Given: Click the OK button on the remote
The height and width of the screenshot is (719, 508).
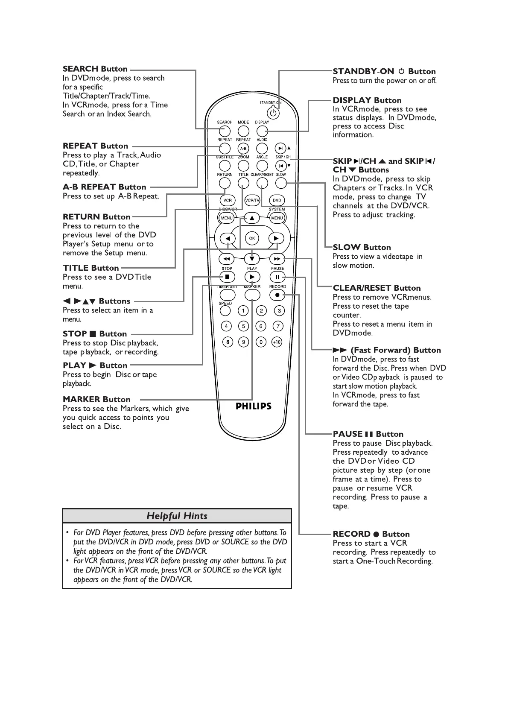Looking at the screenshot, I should [252, 238].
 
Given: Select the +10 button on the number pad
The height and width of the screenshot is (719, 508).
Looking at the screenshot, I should [277, 342].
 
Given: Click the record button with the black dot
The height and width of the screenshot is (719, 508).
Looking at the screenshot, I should [277, 295].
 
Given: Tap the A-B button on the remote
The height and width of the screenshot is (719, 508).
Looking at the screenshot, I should [243, 149].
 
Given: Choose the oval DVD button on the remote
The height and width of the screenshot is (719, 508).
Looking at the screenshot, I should [277, 200].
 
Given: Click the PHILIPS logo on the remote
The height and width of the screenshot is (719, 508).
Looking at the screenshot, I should [254, 406].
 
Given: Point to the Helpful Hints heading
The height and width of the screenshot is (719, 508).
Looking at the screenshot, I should [177, 516].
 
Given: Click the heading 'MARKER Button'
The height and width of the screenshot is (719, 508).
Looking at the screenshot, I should [96, 399].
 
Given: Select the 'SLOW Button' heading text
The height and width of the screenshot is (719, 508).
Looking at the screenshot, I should [362, 247].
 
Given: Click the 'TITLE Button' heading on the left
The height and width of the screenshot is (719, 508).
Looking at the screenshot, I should [91, 268].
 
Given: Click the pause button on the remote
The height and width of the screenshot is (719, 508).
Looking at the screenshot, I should [277, 277].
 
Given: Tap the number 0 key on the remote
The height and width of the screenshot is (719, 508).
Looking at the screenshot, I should [261, 342].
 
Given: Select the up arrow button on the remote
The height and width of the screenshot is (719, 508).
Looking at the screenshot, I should [252, 218].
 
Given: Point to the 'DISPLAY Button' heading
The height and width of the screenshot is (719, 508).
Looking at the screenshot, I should [367, 100].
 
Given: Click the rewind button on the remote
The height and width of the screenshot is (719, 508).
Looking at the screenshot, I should [227, 259].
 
